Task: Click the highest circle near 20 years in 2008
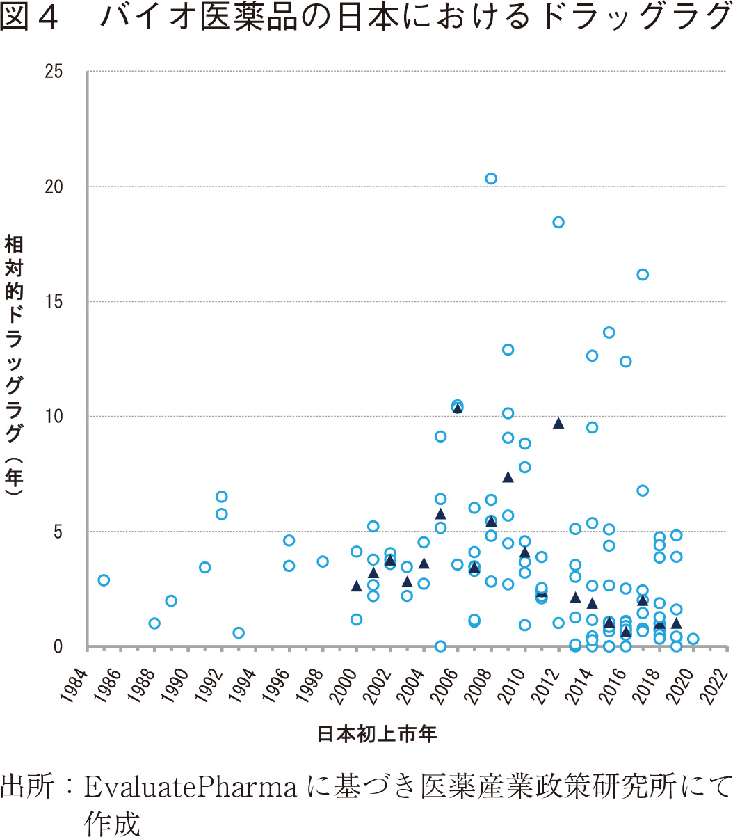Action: click(491, 179)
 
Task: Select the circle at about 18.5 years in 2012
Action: click(558, 223)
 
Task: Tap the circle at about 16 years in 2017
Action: click(643, 275)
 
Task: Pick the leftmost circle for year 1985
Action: click(104, 580)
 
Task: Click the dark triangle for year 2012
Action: click(558, 423)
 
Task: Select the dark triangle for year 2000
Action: click(356, 587)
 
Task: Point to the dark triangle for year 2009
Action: click(508, 477)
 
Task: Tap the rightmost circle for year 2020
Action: click(693, 639)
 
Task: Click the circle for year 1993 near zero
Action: click(239, 633)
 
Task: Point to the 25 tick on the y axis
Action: click(54, 72)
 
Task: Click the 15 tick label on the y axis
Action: click(54, 302)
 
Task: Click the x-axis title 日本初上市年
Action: click(377, 734)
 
